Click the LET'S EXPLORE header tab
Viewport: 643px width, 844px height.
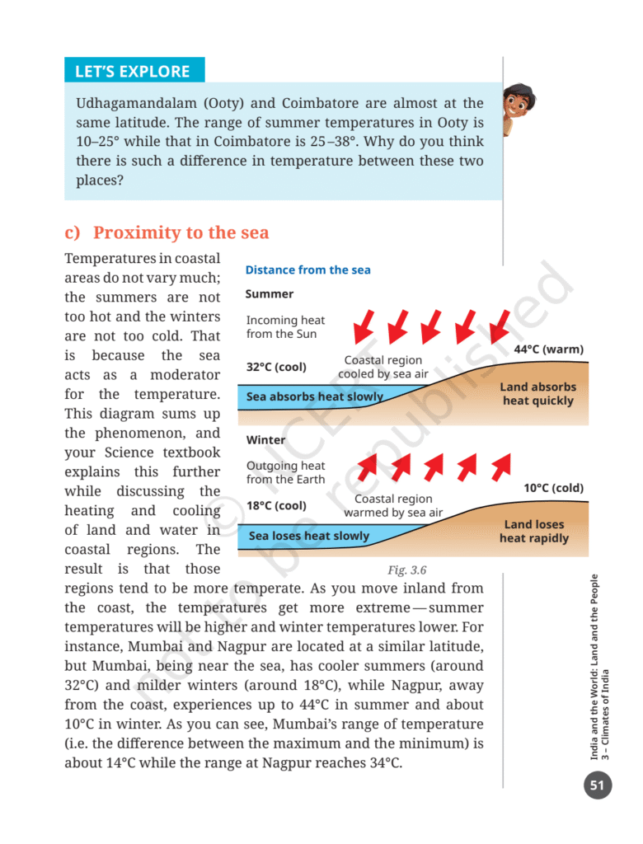pyautogui.click(x=134, y=71)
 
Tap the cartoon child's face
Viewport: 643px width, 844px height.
pyautogui.click(x=519, y=102)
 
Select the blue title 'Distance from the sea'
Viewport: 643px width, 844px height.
pyautogui.click(x=307, y=270)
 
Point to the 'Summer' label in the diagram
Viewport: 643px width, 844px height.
pyautogui.click(x=269, y=294)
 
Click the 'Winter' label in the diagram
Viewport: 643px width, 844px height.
pyautogui.click(x=265, y=440)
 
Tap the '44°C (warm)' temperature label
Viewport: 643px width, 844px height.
pyautogui.click(x=548, y=349)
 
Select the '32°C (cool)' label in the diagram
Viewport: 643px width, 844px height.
pyautogui.click(x=276, y=367)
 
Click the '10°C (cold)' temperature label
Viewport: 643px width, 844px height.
pyautogui.click(x=553, y=488)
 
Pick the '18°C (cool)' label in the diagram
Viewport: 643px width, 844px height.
pyautogui.click(x=276, y=506)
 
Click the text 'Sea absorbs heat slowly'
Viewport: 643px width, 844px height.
pyautogui.click(x=315, y=397)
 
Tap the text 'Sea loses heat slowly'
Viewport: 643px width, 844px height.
pyautogui.click(x=308, y=536)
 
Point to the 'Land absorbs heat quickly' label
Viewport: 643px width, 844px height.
pyautogui.click(x=537, y=394)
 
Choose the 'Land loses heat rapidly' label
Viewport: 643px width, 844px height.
pyautogui.click(x=534, y=532)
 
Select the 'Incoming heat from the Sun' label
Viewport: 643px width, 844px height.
pyautogui.click(x=285, y=327)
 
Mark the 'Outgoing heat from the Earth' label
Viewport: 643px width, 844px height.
pyautogui.click(x=285, y=472)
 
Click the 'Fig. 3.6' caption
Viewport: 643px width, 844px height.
pyautogui.click(x=406, y=570)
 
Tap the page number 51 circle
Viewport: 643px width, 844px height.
pyautogui.click(x=598, y=785)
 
